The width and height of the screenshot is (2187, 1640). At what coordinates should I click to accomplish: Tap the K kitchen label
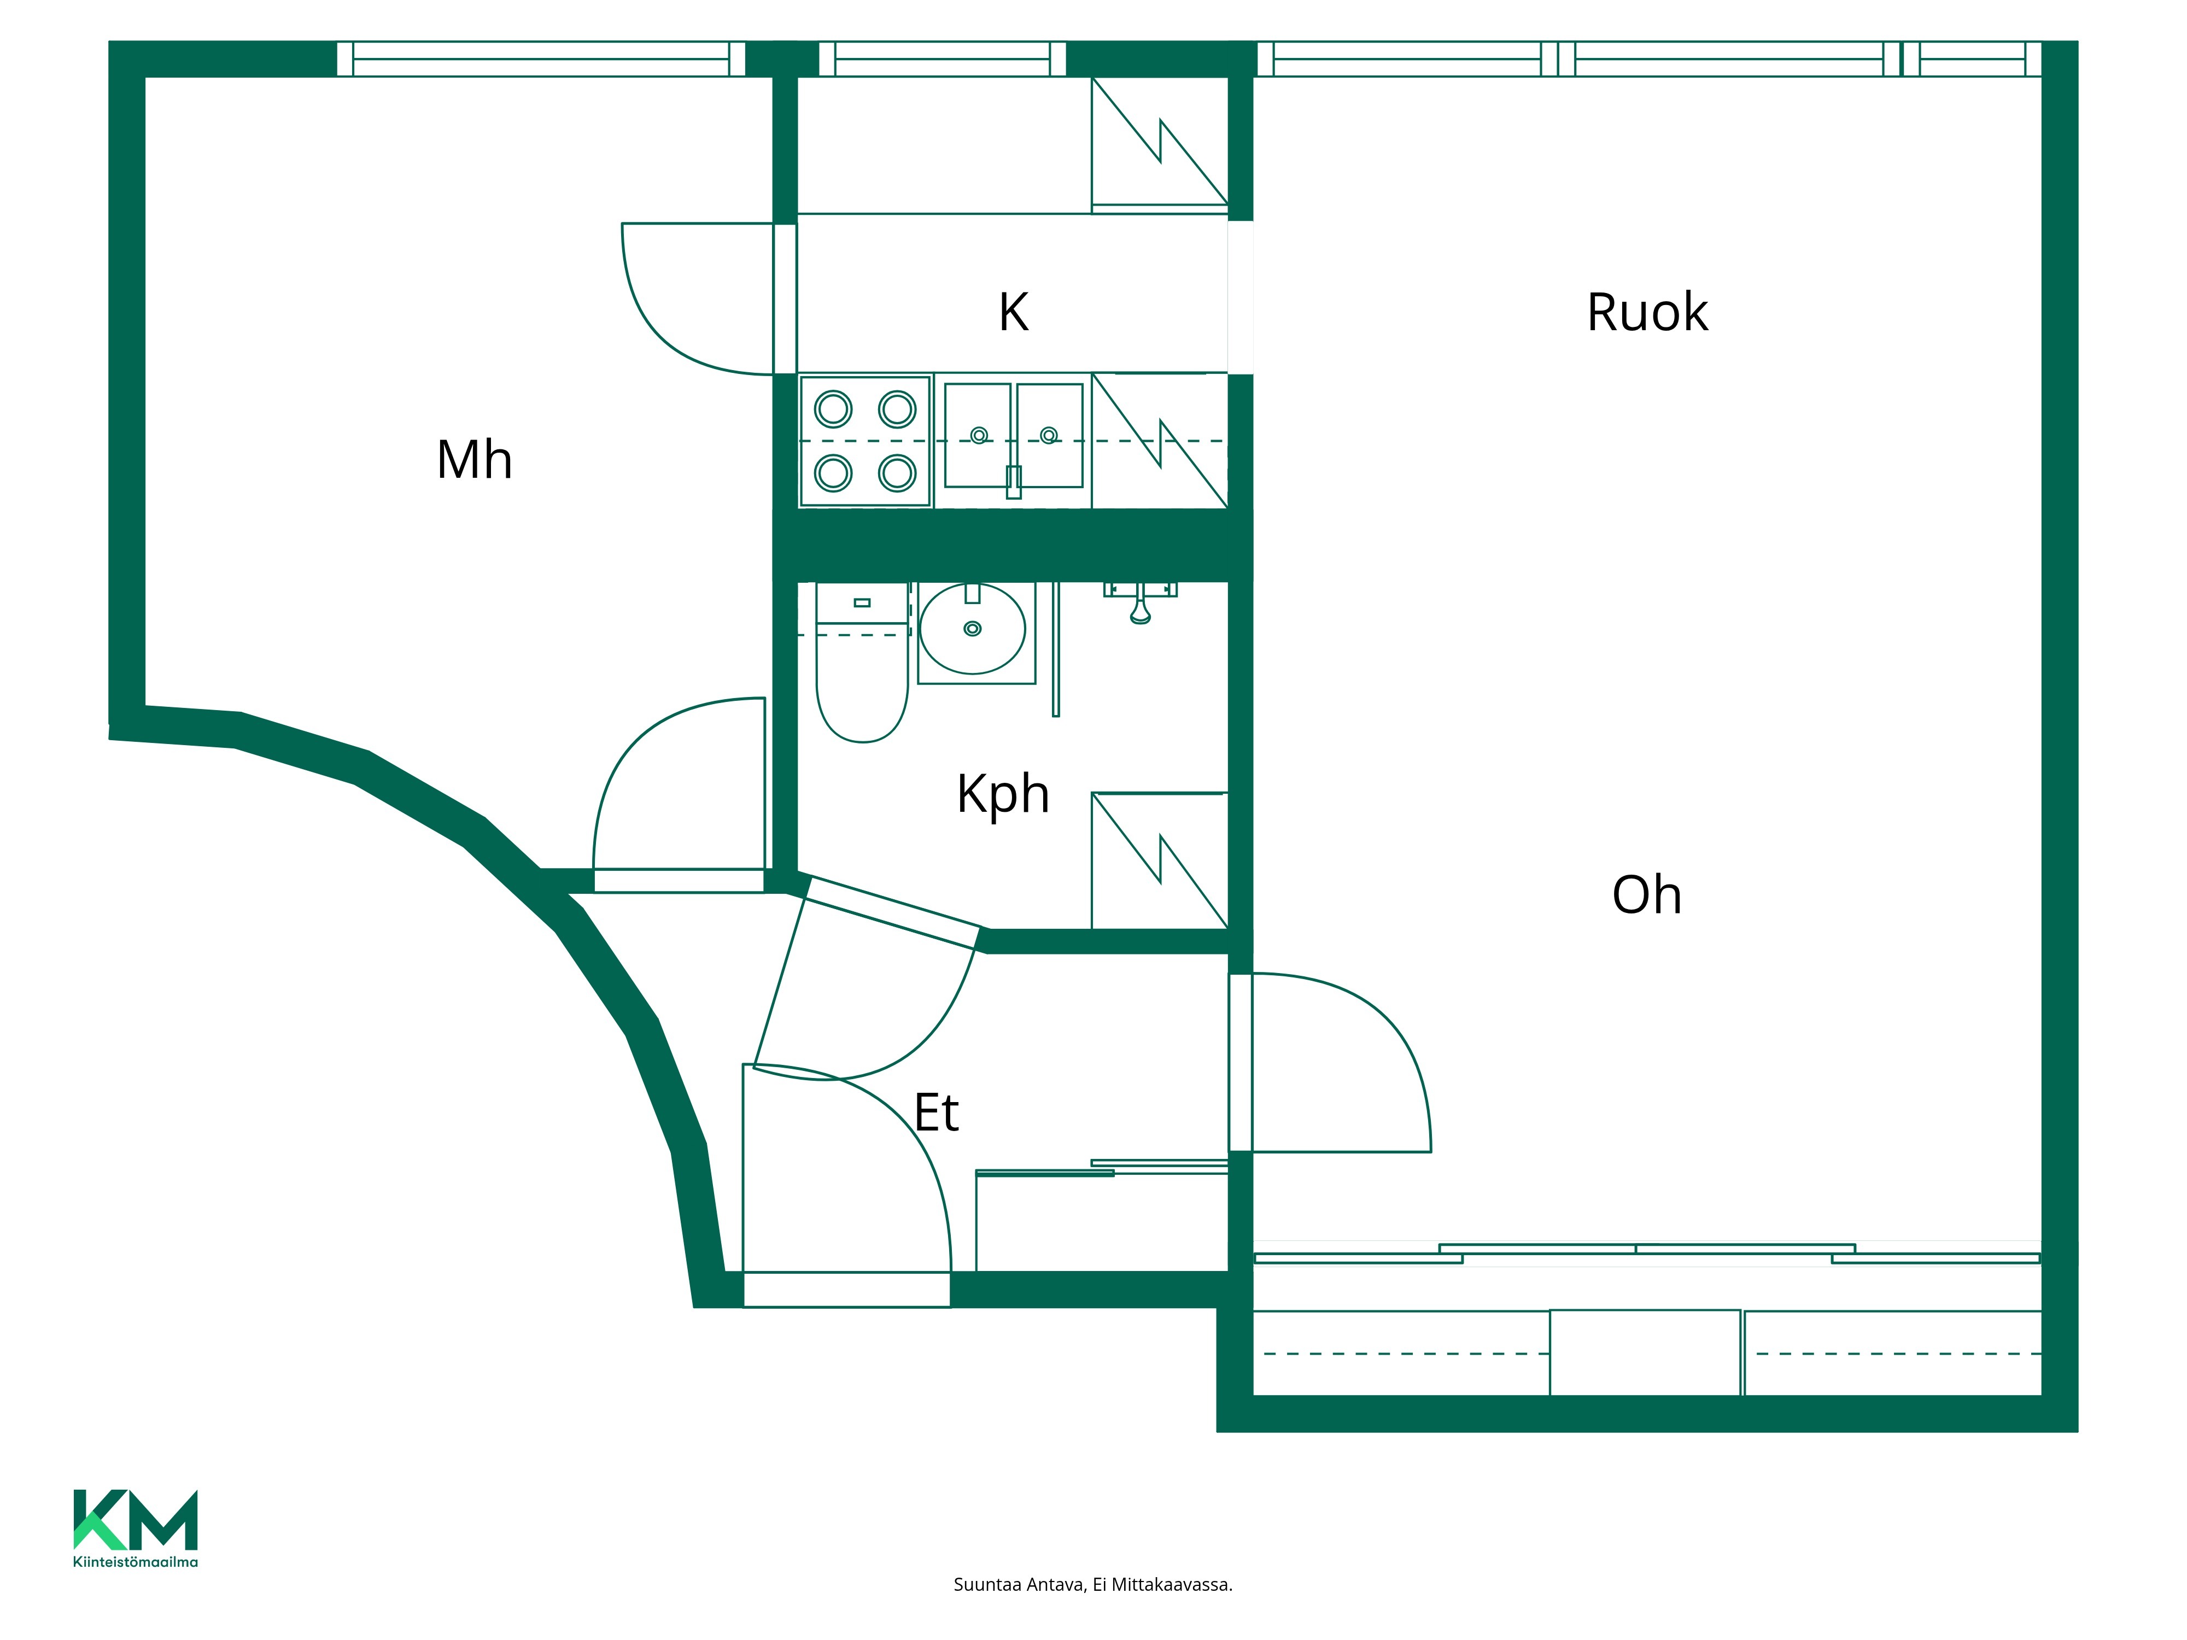click(x=1014, y=312)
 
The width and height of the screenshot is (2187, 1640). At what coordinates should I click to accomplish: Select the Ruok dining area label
click(x=1647, y=312)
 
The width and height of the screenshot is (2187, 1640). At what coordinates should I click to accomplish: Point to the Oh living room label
click(x=1646, y=895)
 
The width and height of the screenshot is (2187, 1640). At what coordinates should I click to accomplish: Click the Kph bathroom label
click(x=1003, y=794)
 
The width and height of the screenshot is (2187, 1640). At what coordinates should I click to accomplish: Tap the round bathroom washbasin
click(x=972, y=629)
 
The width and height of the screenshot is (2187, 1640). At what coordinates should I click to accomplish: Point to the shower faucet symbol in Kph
click(x=1140, y=601)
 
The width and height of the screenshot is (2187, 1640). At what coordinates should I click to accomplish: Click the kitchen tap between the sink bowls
click(x=1014, y=482)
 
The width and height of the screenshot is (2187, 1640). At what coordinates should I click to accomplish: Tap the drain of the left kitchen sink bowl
click(x=979, y=436)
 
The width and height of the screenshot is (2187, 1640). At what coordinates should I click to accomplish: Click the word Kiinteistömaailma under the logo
click(x=136, y=1562)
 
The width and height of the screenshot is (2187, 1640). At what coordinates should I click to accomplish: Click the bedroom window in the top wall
click(x=541, y=59)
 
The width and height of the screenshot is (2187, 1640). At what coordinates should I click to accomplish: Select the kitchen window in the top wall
click(x=942, y=59)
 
